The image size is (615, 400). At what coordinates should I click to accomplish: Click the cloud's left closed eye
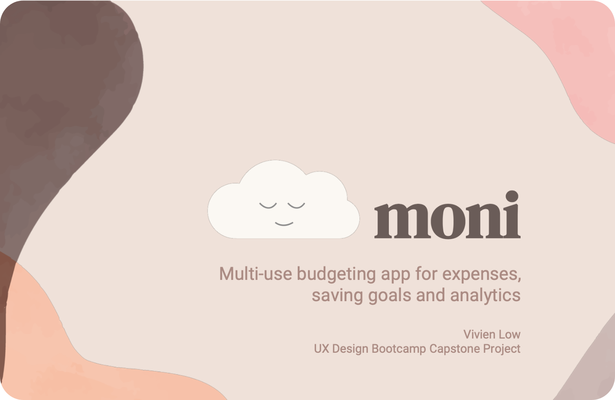pos(268,206)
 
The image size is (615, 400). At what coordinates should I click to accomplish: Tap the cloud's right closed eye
pos(296,206)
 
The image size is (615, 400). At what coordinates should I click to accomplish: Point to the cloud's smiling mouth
pos(284,224)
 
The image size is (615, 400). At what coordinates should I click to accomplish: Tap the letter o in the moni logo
pos(448,221)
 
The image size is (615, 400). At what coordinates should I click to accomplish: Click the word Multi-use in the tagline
pos(256,274)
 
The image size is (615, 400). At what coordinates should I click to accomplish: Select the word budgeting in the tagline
pos(336,275)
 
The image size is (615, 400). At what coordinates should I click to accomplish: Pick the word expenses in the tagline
pos(482,275)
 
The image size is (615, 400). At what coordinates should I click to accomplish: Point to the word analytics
pos(485,296)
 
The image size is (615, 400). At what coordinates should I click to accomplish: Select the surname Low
pos(510,335)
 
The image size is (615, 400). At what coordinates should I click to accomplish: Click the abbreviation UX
pos(321,348)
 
